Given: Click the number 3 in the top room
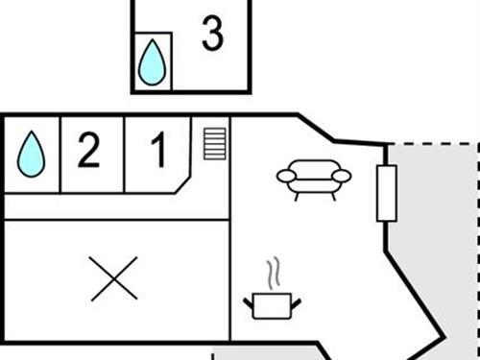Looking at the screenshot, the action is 212,34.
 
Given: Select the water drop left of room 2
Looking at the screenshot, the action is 32,154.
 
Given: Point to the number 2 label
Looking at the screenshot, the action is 88,152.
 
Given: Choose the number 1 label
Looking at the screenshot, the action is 157,152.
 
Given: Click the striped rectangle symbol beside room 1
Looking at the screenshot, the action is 213,143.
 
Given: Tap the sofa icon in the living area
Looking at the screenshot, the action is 313,178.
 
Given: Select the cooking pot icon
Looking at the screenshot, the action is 275,305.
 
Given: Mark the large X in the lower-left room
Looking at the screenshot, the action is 114,279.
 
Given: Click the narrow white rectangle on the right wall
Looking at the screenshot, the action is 387,192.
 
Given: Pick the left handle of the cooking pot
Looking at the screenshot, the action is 249,301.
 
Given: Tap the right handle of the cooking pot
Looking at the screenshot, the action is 300,301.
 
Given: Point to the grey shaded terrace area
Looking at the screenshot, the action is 437,250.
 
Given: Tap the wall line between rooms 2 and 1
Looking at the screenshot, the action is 124,154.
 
